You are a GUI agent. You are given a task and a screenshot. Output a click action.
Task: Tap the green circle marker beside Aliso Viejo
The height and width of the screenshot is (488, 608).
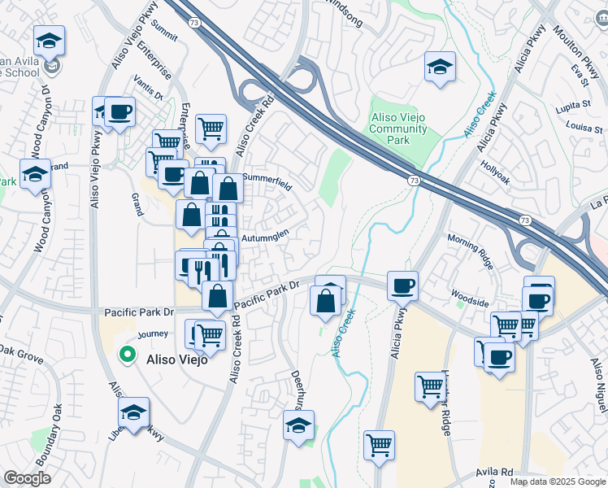coord(127,354)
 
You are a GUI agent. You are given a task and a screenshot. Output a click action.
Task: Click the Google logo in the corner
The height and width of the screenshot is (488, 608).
coord(27,479)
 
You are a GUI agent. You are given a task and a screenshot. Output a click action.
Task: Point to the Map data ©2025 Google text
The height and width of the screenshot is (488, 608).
coord(557,481)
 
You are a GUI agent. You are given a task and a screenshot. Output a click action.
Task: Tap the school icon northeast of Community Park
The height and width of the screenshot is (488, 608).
coord(440,68)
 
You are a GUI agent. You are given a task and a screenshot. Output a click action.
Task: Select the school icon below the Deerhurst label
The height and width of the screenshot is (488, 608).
coord(298,425)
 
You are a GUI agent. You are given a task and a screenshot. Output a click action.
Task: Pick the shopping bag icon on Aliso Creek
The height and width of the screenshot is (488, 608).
coord(325,301)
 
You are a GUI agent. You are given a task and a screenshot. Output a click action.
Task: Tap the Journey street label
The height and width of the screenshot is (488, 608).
coord(152,333)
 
